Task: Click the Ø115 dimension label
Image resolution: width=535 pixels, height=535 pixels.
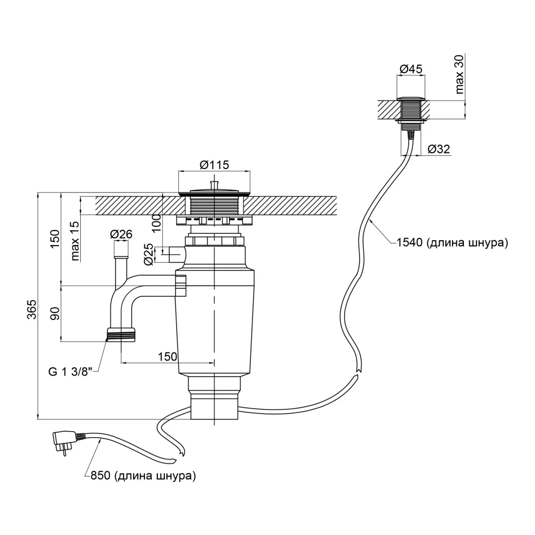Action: click(215, 165)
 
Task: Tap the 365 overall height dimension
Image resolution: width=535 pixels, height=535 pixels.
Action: click(32, 309)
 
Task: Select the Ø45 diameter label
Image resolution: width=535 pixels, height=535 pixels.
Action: click(411, 69)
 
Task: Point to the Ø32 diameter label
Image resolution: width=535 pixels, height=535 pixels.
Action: click(439, 149)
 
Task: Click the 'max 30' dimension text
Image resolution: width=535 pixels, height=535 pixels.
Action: click(459, 74)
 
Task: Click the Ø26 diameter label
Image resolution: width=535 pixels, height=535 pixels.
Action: click(121, 234)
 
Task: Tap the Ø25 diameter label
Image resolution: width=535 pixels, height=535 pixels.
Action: click(148, 255)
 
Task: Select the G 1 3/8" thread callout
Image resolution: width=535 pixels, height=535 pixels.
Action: click(71, 372)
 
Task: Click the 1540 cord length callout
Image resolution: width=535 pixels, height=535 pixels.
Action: click(452, 242)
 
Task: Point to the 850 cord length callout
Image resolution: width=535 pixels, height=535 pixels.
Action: click(143, 475)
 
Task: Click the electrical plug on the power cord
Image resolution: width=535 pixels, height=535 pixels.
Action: click(65, 441)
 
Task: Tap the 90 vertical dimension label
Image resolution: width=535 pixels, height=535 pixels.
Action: click(55, 313)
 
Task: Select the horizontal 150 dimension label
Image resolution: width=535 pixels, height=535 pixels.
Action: click(167, 356)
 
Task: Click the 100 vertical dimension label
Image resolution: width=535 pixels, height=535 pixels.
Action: click(156, 223)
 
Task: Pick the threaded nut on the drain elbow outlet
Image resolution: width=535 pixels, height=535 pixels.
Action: click(121, 335)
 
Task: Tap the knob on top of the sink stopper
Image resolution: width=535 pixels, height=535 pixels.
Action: click(215, 185)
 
